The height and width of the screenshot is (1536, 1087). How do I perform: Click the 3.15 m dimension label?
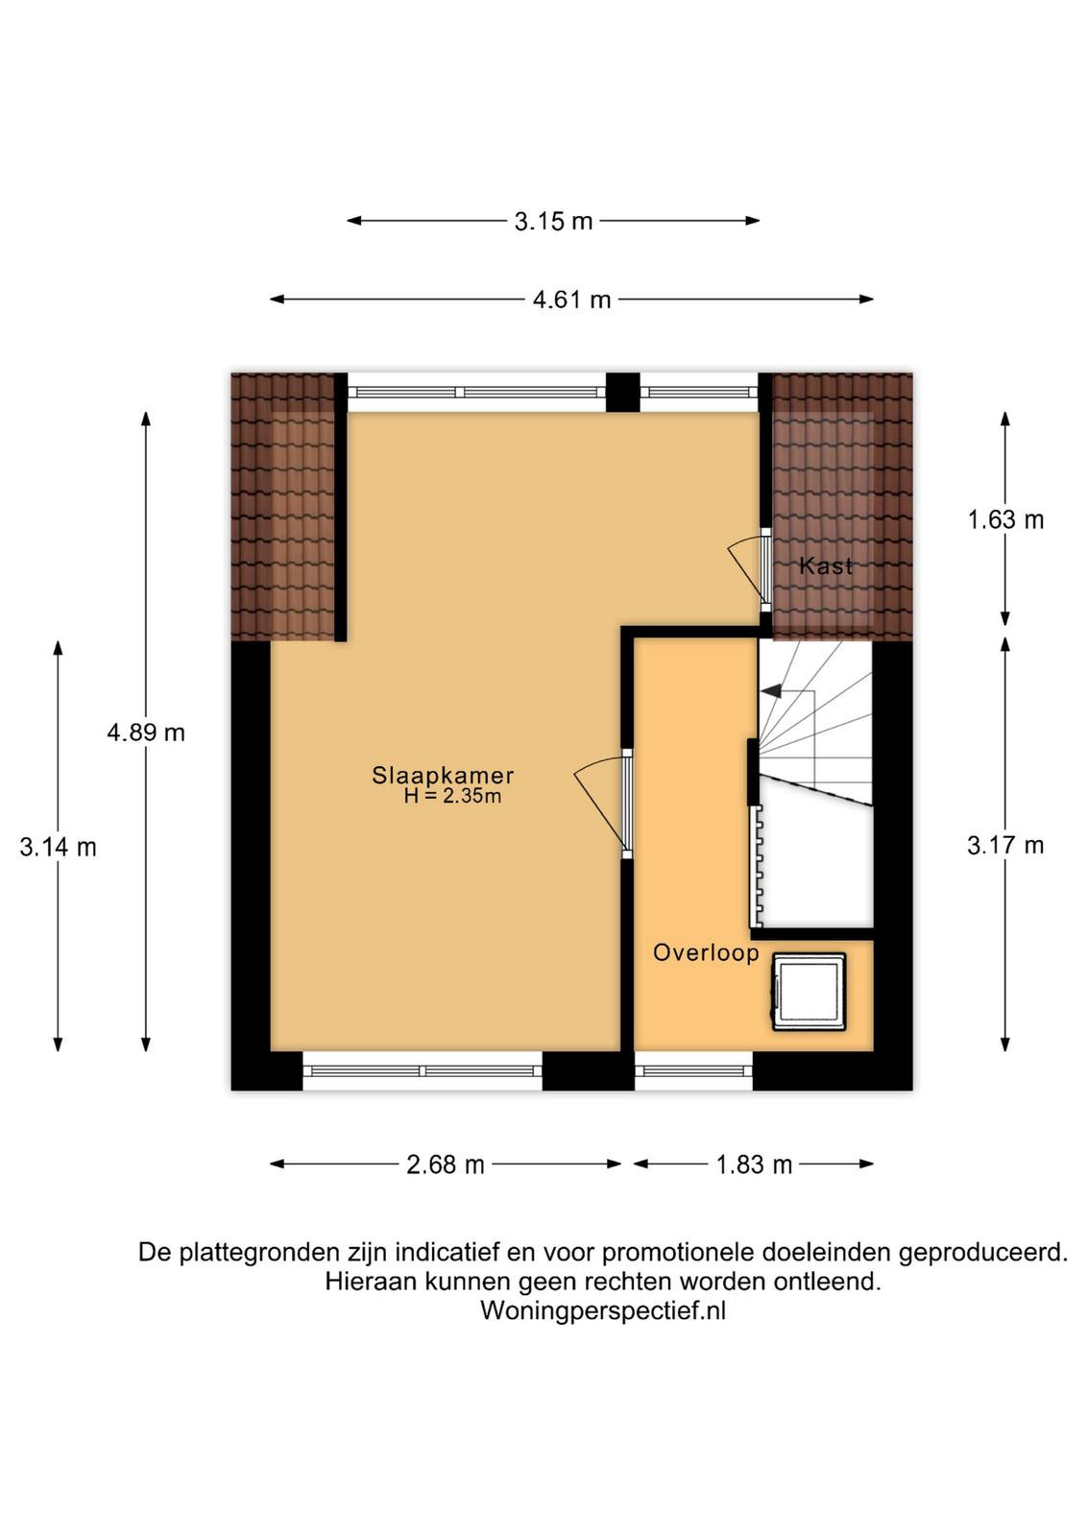(553, 222)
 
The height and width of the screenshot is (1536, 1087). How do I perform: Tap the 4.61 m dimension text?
(571, 300)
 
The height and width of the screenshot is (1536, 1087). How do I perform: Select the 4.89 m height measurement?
(146, 733)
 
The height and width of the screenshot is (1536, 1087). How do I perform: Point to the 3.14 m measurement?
(59, 848)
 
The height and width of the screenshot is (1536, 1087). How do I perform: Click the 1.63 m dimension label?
(1005, 519)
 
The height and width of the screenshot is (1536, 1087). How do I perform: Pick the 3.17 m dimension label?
(1005, 846)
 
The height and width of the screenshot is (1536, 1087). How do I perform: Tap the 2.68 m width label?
(446, 1164)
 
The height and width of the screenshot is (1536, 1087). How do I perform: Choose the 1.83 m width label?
(754, 1164)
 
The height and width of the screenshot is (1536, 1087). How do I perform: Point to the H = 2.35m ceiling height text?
(452, 796)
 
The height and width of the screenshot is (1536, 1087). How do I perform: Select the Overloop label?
(706, 952)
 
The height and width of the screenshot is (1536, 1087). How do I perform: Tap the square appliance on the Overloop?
(809, 992)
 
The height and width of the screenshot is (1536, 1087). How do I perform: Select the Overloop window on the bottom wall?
(693, 1070)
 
